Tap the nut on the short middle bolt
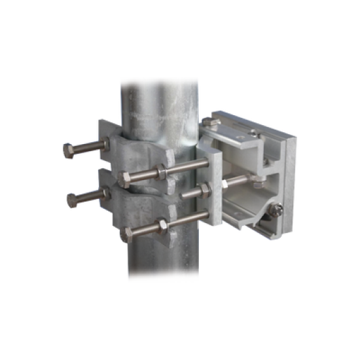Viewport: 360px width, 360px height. point(204,190)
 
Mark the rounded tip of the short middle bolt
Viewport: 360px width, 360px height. point(183,194)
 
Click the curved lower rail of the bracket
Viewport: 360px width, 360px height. point(242,219)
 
